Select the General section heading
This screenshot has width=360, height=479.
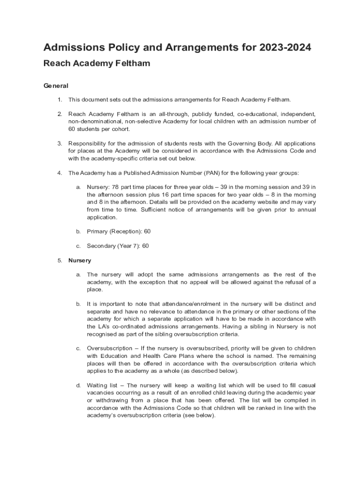pos(56,86)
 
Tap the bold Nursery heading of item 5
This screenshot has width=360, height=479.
pos(80,261)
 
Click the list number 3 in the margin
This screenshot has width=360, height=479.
pos(60,143)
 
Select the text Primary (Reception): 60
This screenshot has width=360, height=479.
pos(119,232)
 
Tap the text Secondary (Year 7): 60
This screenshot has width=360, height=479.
pos(118,246)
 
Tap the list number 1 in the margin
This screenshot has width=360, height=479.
pos(60,100)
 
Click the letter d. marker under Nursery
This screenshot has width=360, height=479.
pos(79,385)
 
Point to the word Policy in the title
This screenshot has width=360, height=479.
pos(123,48)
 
